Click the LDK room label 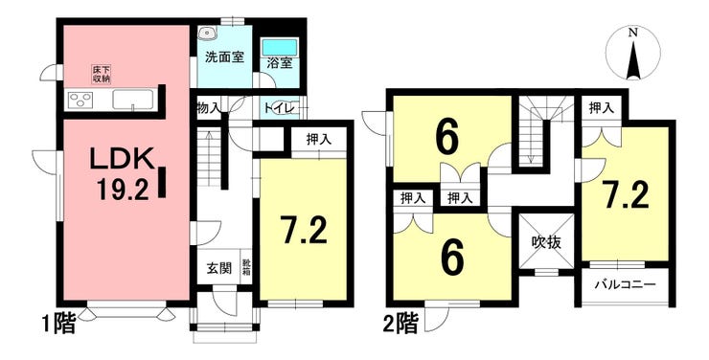(121, 158)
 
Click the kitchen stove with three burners (80, 100)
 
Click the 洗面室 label (224, 57)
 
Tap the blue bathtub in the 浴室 (280, 47)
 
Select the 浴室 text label (279, 64)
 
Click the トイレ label (280, 108)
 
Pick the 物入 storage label (209, 108)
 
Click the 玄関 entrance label (219, 268)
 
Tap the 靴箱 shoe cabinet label (246, 266)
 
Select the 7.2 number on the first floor (303, 230)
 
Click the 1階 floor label (58, 324)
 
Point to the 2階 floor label (400, 324)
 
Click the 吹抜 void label (546, 242)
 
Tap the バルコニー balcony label (626, 284)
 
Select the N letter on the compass (633, 33)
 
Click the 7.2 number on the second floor (627, 195)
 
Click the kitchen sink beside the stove (132, 100)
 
